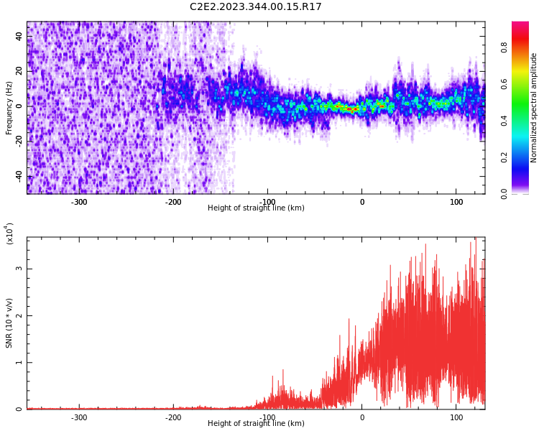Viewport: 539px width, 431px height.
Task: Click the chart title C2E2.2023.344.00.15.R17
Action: coord(255,7)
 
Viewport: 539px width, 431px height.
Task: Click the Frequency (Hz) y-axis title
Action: coord(9,108)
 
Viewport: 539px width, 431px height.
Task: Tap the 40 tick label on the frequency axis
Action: coord(19,36)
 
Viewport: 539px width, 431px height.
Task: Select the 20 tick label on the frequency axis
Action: coord(19,71)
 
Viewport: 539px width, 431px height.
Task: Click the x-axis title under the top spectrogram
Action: coord(256,208)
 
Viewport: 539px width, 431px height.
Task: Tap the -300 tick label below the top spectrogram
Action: coord(79,202)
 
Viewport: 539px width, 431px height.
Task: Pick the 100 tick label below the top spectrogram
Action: coord(456,202)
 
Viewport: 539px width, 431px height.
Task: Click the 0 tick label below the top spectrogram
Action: coord(362,202)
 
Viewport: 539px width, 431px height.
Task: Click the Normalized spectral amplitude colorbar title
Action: coord(534,108)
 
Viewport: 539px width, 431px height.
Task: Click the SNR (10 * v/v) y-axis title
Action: coord(9,323)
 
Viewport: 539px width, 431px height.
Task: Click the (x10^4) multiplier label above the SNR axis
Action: coord(10,233)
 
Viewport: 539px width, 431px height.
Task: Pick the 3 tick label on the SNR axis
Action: coord(19,269)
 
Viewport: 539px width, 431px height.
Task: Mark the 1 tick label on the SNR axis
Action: coord(19,362)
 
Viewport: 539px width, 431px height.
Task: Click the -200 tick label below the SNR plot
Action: coord(173,417)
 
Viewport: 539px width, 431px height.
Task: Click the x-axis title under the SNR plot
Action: coord(256,424)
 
